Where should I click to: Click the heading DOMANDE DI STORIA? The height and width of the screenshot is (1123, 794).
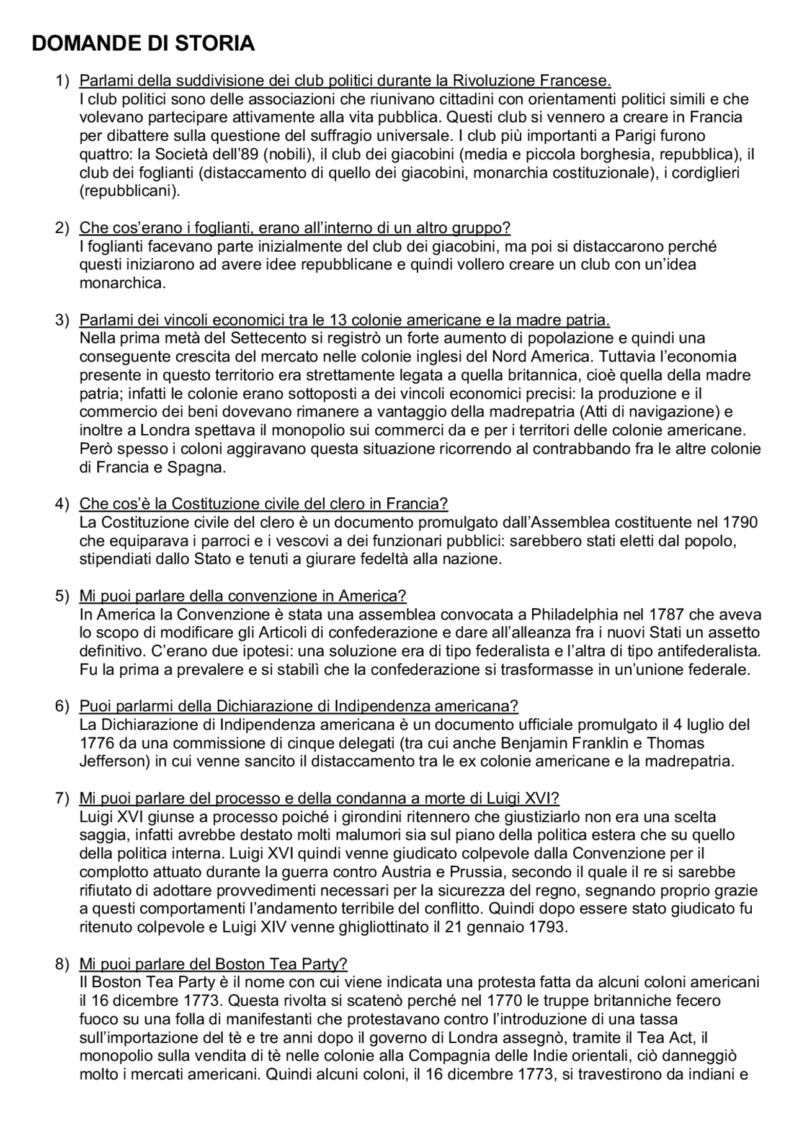tap(143, 43)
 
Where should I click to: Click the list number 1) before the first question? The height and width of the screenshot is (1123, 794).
tap(63, 81)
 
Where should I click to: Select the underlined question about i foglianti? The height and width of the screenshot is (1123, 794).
tap(295, 228)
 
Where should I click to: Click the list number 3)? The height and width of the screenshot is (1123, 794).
tap(63, 320)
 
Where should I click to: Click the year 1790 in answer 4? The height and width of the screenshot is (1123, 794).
tap(740, 523)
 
